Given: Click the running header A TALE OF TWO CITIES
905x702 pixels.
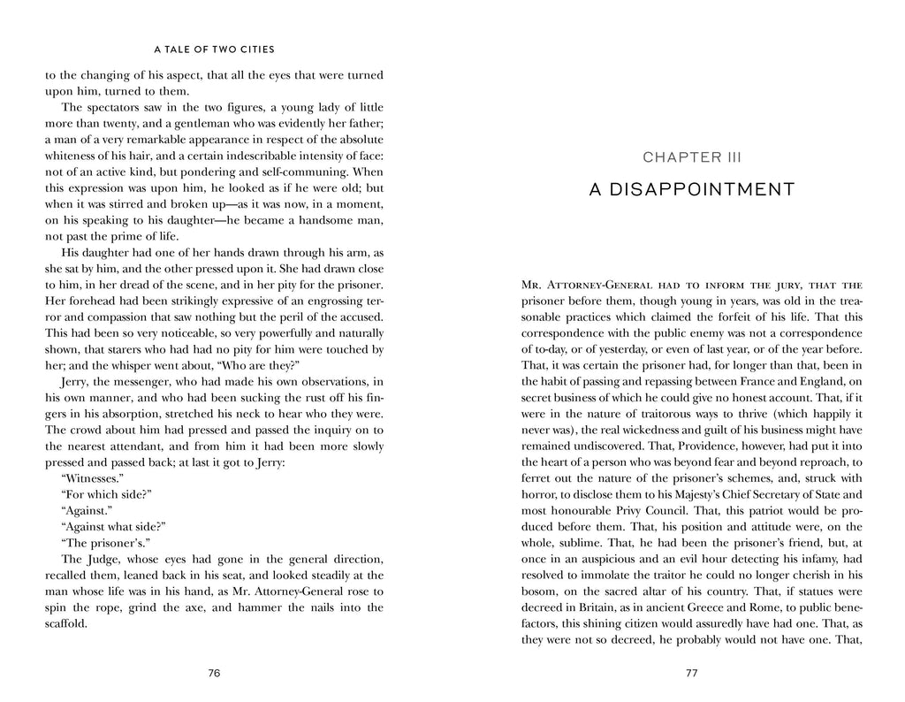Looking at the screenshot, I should click(x=213, y=50).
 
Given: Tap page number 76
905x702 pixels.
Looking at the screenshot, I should click(x=213, y=673).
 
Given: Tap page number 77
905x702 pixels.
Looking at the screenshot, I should click(x=691, y=673).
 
